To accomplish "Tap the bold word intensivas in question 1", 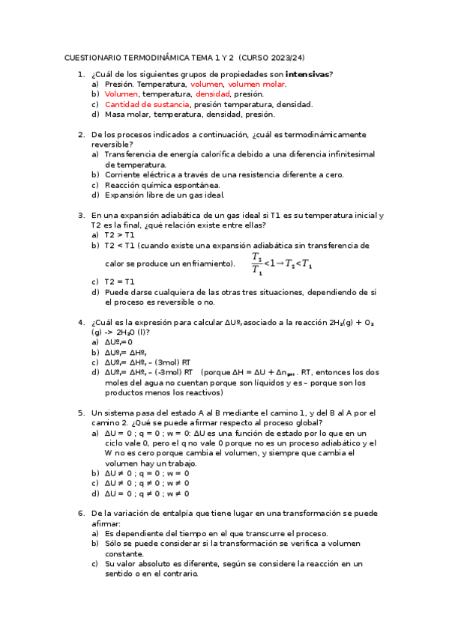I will point(308,75).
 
